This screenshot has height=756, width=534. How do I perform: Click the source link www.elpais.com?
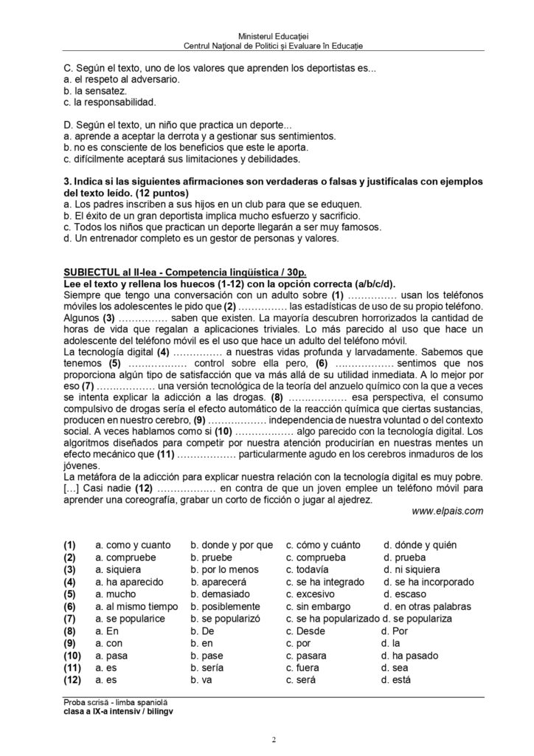[x=448, y=510]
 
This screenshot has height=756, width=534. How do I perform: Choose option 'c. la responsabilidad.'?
[x=110, y=103]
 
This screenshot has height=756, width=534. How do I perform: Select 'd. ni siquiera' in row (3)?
[x=412, y=570]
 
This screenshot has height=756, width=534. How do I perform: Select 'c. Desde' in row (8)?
[x=305, y=631]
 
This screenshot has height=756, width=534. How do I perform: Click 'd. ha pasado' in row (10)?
[x=409, y=656]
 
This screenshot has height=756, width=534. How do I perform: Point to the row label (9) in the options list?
[x=71, y=644]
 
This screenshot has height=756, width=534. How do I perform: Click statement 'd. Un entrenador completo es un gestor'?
[x=201, y=238]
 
